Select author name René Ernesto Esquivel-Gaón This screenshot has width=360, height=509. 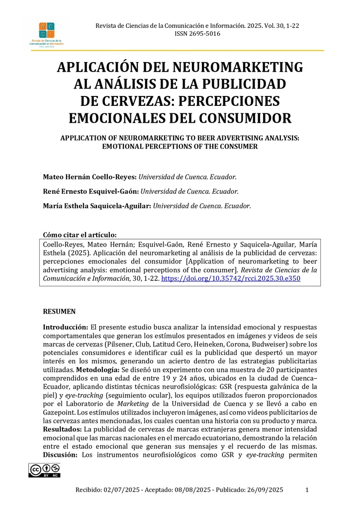pyautogui.click(x=90, y=191)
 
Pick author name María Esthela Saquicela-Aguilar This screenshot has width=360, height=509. pyautogui.click(x=96, y=205)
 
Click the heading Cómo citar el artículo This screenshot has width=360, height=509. pyautogui.click(x=80, y=235)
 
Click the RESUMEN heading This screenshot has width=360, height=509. pyautogui.click(x=59, y=312)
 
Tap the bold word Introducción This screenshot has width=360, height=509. pyautogui.click(x=66, y=327)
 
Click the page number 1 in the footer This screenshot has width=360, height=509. pyautogui.click(x=307, y=490)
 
